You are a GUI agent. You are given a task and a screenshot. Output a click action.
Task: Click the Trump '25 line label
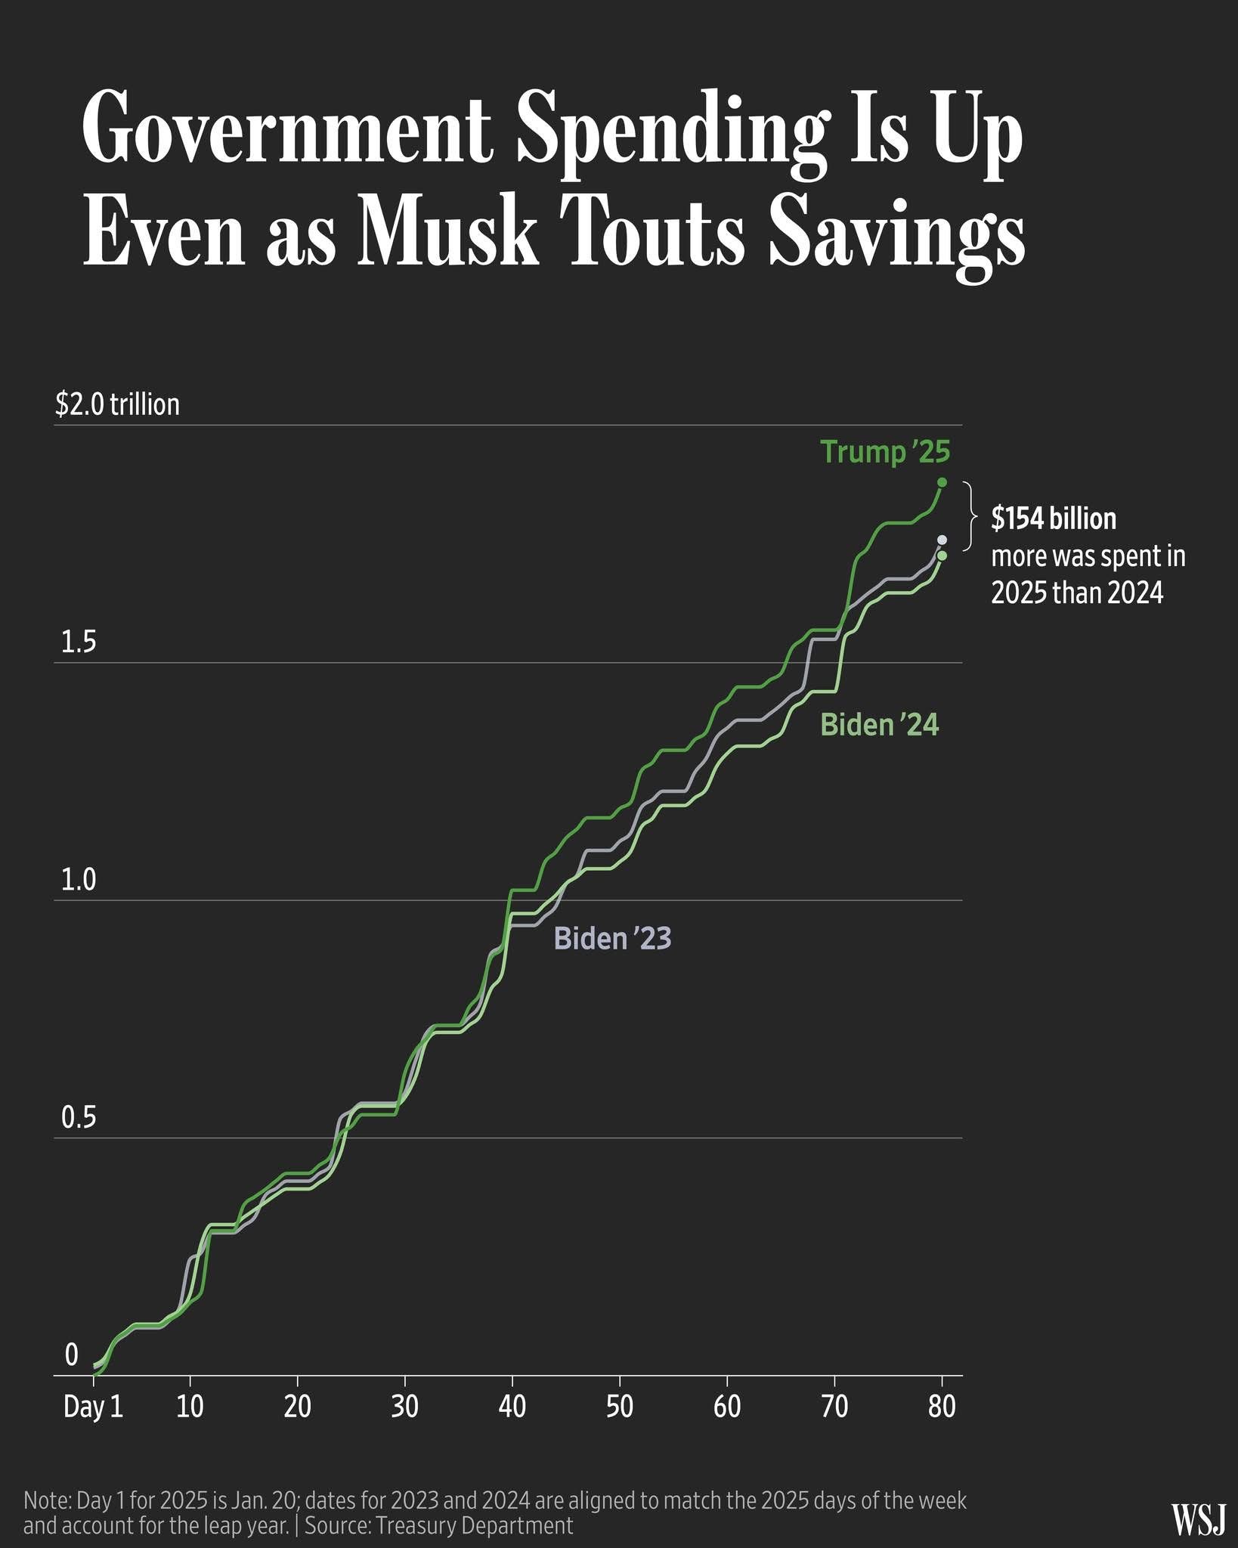click(885, 452)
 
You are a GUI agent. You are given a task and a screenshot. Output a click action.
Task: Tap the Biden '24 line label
click(880, 725)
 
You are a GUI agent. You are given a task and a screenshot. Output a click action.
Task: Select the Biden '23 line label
click(612, 938)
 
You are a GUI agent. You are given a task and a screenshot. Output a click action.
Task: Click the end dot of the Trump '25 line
click(942, 482)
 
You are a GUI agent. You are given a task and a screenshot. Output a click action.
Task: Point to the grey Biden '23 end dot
click(942, 540)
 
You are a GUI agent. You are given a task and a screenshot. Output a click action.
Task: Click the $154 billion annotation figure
click(1054, 519)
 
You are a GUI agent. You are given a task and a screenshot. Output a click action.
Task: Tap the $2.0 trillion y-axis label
click(117, 404)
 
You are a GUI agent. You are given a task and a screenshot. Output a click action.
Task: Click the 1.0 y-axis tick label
click(79, 881)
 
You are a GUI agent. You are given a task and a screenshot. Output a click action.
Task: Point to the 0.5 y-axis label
click(79, 1118)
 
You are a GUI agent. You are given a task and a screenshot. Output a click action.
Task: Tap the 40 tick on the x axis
click(512, 1407)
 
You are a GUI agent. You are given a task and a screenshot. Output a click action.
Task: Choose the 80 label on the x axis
click(942, 1407)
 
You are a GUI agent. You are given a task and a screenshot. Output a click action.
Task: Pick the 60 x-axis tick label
click(727, 1407)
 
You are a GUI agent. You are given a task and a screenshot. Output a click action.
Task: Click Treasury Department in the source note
click(475, 1525)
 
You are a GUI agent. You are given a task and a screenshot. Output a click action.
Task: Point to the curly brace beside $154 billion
click(969, 518)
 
